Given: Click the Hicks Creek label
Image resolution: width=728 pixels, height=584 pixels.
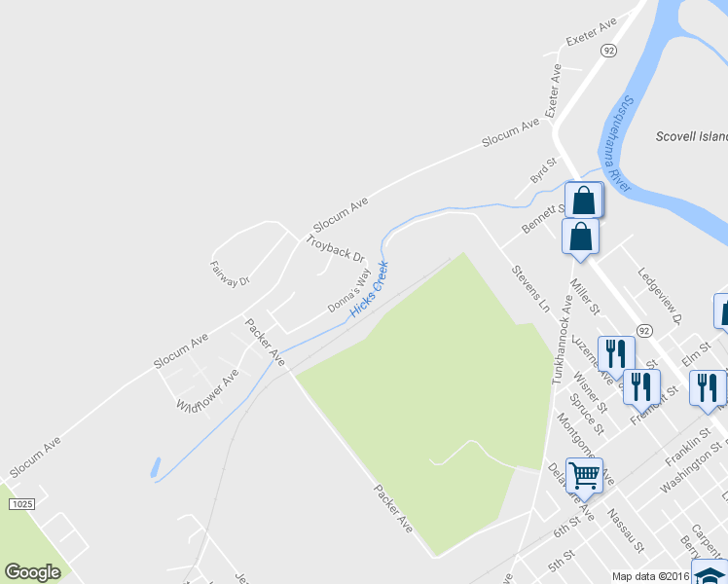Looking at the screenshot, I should [369, 287].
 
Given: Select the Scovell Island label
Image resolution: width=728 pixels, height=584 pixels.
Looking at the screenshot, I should [691, 137].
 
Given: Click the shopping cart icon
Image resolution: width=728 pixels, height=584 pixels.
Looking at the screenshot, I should [584, 475].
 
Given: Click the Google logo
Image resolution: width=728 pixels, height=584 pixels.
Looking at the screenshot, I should [32, 572].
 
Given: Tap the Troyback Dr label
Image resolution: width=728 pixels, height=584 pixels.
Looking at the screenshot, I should [334, 248].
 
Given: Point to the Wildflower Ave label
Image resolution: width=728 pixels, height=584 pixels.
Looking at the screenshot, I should [207, 389].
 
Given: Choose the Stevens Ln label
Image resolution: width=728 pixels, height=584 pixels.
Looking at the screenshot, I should [530, 287].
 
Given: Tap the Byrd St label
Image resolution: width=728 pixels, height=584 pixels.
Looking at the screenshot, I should [542, 170].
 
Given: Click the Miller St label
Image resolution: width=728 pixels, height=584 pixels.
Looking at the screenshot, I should [587, 296].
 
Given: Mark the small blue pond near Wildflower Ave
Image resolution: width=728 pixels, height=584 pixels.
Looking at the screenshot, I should [156, 468].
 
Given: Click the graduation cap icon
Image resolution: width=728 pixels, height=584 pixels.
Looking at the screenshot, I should [710, 574].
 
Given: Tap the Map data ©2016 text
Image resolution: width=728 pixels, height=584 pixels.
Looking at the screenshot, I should [650, 576].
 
